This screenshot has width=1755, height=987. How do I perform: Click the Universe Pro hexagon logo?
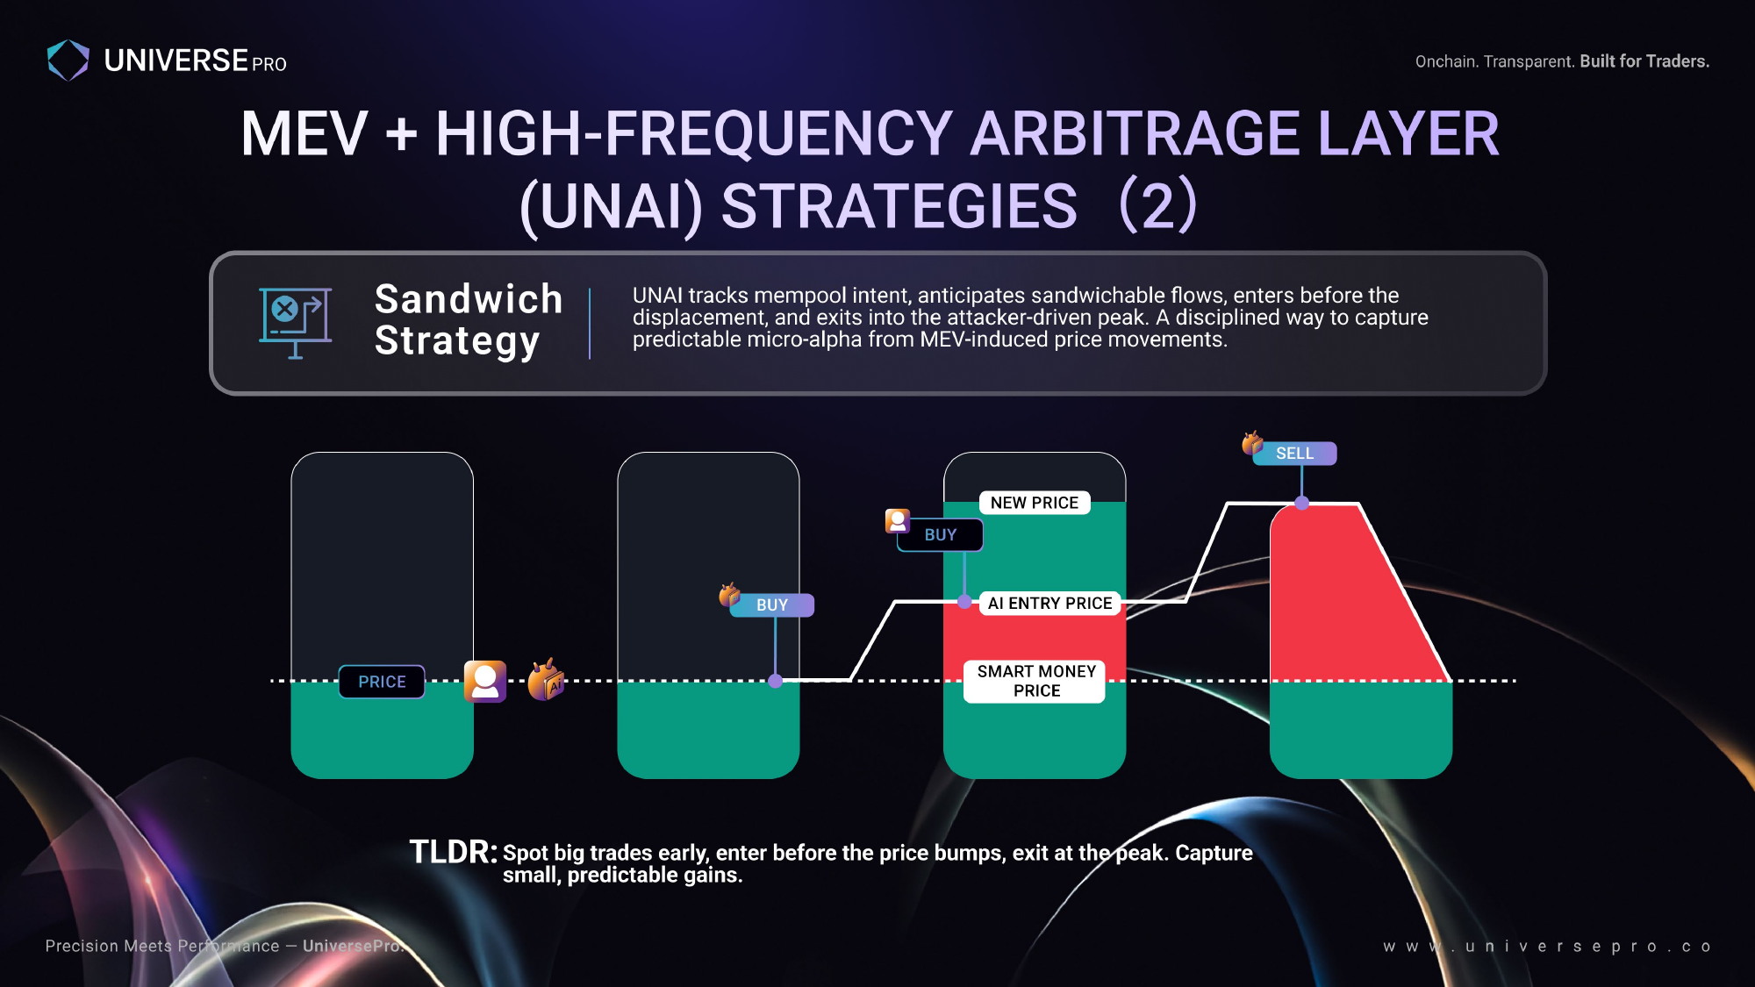coord(68,61)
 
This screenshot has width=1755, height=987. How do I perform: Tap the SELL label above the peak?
coord(1294,454)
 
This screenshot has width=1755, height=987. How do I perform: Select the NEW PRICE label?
coord(1035,503)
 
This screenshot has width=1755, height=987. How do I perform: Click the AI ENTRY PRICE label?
coord(1049,603)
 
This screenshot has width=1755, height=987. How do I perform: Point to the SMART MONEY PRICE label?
coord(1036,681)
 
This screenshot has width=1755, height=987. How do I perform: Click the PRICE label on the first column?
coord(382,682)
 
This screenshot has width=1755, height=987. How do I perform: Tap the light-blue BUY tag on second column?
coord(772,605)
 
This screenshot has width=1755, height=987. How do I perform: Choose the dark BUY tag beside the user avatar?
coord(940,534)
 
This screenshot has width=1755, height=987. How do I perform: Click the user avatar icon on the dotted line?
coord(485,682)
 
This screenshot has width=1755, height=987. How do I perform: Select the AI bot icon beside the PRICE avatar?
coord(546,680)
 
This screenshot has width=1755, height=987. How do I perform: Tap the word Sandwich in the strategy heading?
coord(469,299)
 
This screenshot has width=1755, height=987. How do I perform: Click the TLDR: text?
coord(454,852)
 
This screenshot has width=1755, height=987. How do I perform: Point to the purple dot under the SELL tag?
coord(1302,503)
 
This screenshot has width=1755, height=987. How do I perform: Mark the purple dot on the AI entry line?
coord(965,602)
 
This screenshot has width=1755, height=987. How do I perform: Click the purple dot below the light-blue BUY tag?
coord(776,681)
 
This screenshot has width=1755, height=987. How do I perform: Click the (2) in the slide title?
coord(1158,205)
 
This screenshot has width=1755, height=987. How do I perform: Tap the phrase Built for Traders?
coord(1644,61)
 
